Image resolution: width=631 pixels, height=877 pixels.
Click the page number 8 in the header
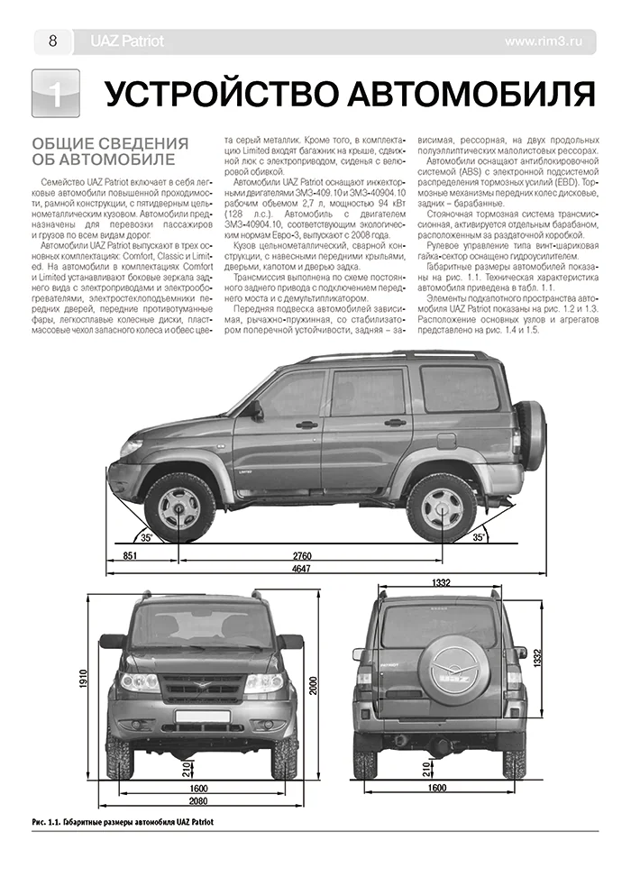[52, 41]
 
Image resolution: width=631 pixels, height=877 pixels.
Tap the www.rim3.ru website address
[550, 41]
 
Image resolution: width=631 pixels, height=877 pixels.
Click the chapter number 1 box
[55, 95]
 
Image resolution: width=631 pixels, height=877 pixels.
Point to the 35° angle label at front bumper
[147, 537]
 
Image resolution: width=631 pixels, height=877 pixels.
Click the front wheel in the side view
[179, 507]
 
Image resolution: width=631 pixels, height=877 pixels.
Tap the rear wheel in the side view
[441, 507]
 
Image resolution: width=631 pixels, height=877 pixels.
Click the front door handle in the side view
[307, 424]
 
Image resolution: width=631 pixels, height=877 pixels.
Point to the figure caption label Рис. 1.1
[41, 822]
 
